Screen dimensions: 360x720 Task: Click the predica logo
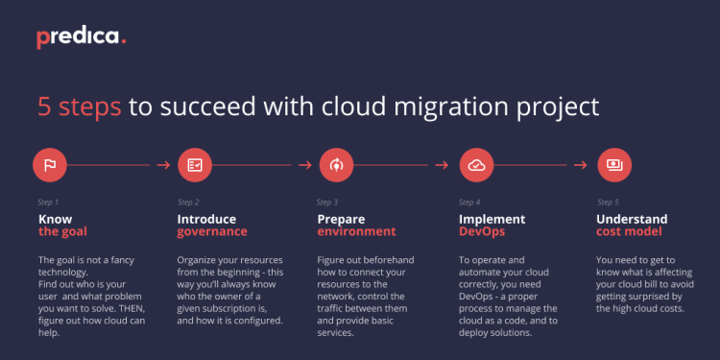82,37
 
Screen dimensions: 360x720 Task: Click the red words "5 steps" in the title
80,106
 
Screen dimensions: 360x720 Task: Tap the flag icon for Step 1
49,165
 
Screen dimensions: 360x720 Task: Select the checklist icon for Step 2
194,165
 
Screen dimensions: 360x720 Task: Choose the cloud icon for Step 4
476,165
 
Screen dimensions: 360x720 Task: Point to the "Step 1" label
48,203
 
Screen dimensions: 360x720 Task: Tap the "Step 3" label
327,203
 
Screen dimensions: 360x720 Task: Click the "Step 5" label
608,203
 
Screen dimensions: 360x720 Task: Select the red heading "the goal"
62,231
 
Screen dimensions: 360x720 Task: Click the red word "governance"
212,231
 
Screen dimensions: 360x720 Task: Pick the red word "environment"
356,231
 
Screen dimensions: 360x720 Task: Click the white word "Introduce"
206,219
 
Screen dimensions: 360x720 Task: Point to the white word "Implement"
492,219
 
